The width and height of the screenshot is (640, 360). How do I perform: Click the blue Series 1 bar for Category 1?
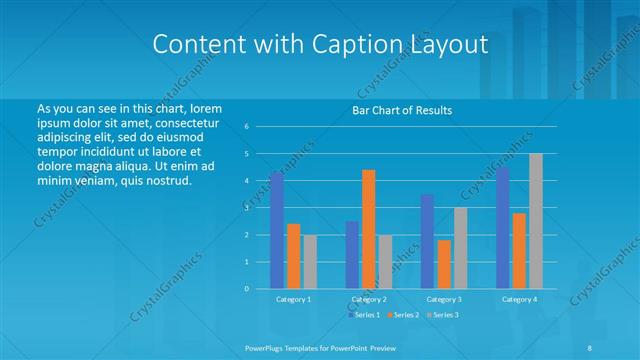(277, 231)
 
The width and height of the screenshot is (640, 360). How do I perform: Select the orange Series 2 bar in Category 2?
(368, 229)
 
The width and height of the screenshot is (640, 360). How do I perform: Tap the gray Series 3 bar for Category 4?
(535, 221)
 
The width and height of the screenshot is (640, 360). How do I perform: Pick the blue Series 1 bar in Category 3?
(427, 241)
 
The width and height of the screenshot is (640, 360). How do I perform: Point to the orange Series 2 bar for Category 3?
(443, 264)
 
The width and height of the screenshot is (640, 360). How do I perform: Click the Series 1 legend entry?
(363, 315)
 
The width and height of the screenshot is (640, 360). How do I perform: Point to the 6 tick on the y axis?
(246, 127)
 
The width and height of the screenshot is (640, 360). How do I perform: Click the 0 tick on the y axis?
(246, 289)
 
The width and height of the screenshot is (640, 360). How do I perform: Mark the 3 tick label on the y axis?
(246, 208)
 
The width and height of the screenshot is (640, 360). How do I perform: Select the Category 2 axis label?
(369, 300)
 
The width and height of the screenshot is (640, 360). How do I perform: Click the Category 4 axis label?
(519, 300)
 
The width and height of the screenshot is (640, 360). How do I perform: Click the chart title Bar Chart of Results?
(401, 110)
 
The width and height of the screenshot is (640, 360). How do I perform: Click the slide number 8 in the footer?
(590, 346)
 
